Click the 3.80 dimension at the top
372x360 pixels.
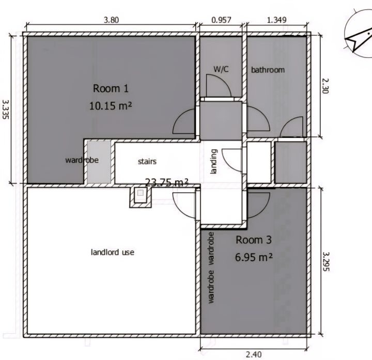111,20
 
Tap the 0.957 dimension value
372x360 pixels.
221,20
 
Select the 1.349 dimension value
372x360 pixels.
276,20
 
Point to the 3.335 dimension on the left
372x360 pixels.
6,109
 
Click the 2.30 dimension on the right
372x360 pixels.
326,86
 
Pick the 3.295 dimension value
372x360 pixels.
326,261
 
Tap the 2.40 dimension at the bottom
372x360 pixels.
254,354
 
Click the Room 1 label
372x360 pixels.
111,88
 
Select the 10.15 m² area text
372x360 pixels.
111,105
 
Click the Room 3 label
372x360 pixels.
253,240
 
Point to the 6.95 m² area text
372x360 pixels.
254,257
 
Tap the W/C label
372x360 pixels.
221,69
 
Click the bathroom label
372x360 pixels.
268,70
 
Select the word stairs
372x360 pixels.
147,162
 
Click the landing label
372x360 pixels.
213,162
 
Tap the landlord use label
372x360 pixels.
113,252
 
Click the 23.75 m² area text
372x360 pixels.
166,183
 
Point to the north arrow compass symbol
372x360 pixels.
359,33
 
